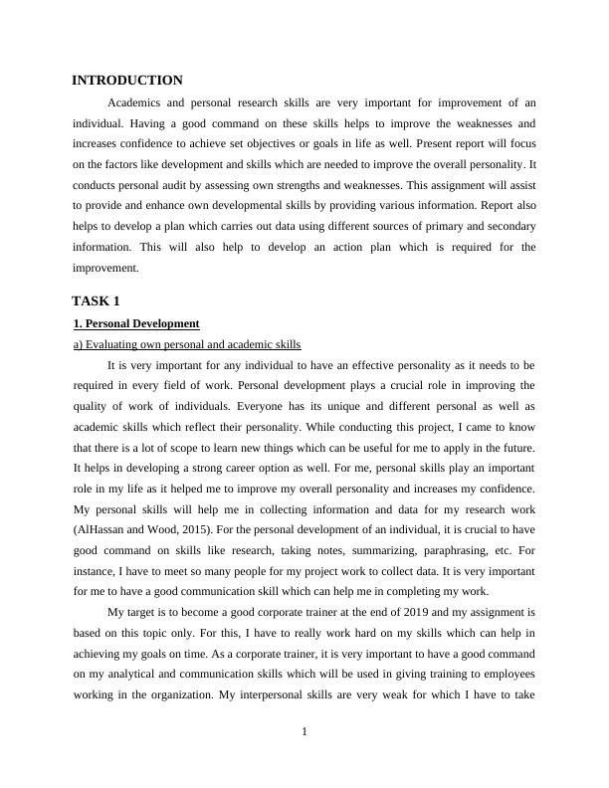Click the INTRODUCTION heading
[127, 81]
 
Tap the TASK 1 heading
[97, 300]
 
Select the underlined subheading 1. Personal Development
[137, 324]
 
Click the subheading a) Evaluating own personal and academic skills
[187, 344]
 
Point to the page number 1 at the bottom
[304, 733]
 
